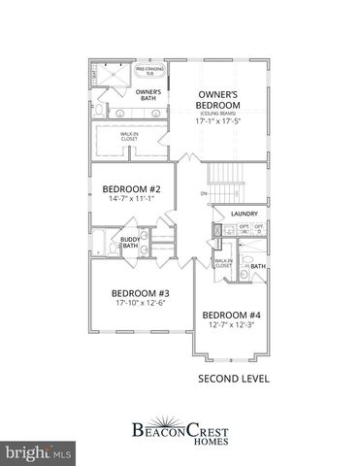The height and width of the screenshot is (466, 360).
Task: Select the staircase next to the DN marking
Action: click(228, 184)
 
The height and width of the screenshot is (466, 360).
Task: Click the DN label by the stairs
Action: click(203, 194)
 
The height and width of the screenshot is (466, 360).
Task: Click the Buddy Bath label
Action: click(130, 242)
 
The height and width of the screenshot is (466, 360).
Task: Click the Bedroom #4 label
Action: click(231, 315)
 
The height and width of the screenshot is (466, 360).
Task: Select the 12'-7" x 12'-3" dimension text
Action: click(231, 325)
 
